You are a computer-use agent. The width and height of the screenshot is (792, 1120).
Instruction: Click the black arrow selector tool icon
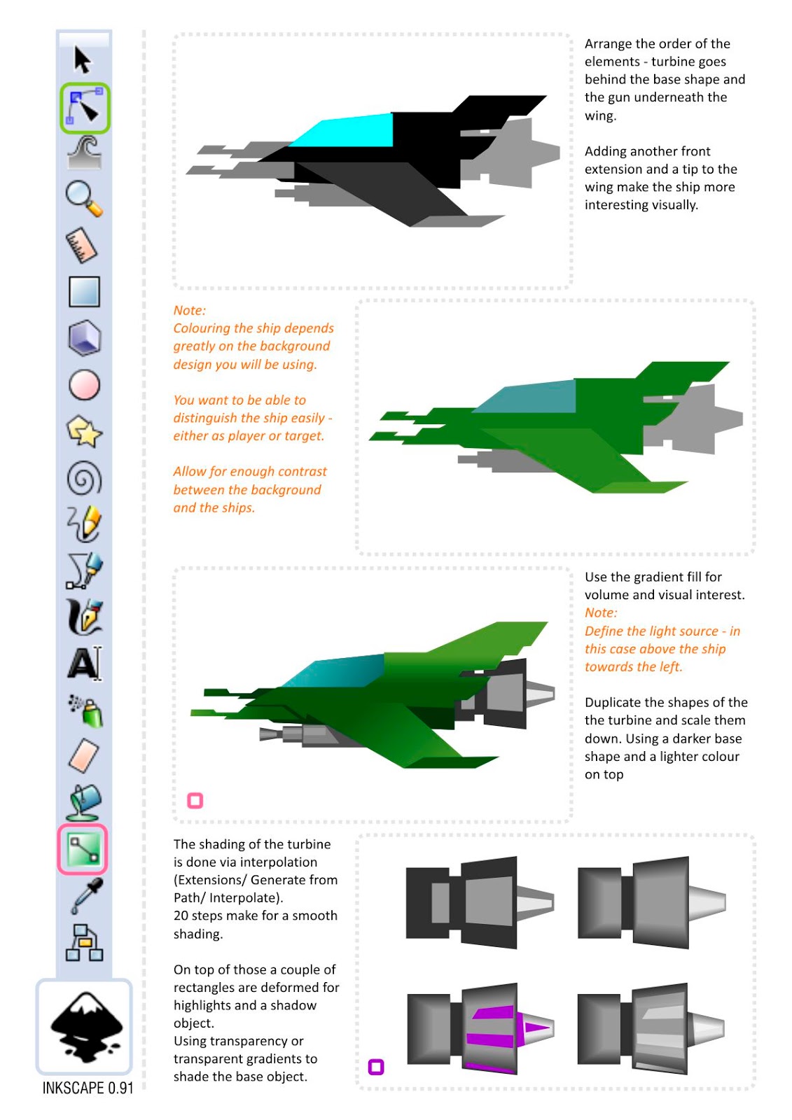(x=83, y=60)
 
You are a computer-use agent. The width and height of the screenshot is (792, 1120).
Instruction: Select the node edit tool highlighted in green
(x=85, y=108)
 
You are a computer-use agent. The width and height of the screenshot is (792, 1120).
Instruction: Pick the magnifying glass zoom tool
(x=84, y=199)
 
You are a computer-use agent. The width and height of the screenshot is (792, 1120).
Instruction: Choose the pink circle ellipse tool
(x=84, y=385)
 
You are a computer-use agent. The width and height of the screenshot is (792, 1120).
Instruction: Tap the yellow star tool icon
(x=84, y=431)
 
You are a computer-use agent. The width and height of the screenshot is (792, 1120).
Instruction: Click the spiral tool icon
(x=84, y=478)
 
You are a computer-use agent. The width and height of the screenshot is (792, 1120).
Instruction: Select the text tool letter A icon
(x=85, y=664)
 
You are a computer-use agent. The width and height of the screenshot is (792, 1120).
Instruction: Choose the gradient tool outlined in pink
(x=83, y=849)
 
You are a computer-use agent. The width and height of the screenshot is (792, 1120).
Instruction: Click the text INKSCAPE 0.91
(x=88, y=1088)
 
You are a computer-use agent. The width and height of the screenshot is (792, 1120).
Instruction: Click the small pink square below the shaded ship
(x=195, y=801)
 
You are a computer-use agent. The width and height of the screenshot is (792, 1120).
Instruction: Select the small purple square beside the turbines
(x=376, y=1067)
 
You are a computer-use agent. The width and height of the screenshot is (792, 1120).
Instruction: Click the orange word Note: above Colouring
(x=190, y=311)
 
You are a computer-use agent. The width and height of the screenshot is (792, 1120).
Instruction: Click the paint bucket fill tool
(x=84, y=802)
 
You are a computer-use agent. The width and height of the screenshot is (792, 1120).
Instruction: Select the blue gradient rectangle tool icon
(x=84, y=291)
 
